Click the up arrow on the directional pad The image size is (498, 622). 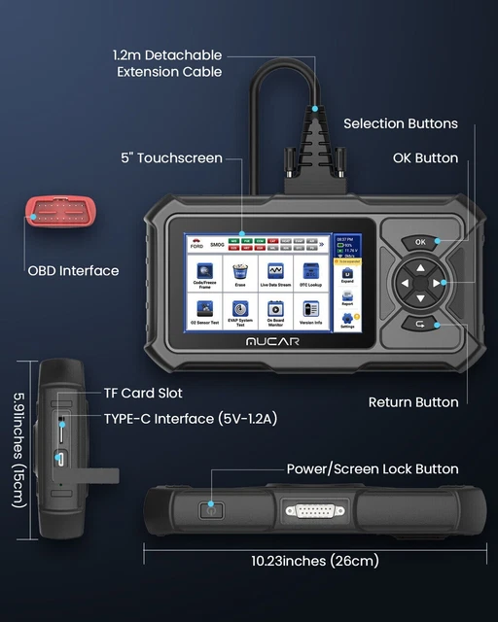point(420,267)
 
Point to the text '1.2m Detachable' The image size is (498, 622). point(166,55)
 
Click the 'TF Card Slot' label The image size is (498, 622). point(143,394)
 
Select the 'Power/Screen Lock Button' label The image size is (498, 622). point(373,469)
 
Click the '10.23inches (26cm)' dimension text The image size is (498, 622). point(314,560)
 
